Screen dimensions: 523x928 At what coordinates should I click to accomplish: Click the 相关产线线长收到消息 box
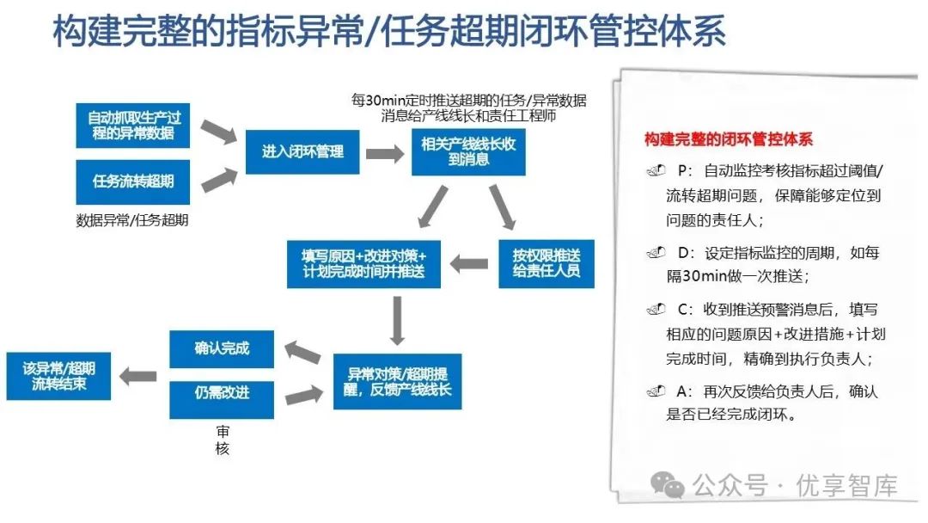point(468,152)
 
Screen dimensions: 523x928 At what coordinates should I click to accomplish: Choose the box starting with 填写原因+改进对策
point(363,263)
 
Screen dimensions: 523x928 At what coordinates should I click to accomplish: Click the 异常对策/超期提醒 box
point(398,381)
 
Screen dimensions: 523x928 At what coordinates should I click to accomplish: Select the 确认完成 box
point(222,348)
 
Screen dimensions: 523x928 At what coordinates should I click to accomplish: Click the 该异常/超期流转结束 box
point(58,375)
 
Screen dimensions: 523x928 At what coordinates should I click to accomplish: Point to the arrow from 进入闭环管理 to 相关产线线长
point(384,154)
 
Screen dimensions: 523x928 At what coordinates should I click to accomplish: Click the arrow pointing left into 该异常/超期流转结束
point(137,375)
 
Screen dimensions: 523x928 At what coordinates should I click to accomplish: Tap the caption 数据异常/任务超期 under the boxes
point(132,220)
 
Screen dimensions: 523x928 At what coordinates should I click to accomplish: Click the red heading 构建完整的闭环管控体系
point(728,138)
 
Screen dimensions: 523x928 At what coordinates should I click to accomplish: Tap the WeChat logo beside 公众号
point(668,486)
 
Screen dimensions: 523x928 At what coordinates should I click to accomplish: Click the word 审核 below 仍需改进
point(223,440)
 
